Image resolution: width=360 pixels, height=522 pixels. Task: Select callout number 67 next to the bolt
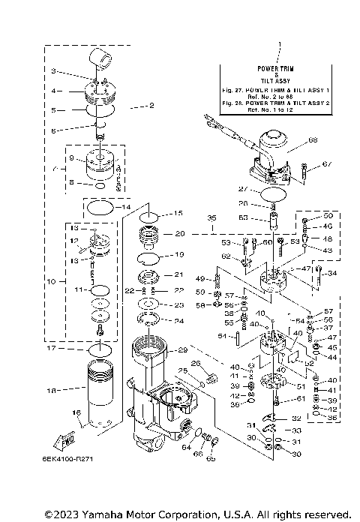pos(326,163)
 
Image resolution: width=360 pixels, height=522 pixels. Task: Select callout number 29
pos(181,350)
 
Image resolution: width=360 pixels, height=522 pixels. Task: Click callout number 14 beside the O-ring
pos(126,206)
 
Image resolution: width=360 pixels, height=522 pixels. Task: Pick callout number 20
pos(179,233)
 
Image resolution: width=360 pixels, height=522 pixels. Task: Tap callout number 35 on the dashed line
pos(211,219)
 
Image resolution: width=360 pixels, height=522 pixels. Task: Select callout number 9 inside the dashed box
pos(72,159)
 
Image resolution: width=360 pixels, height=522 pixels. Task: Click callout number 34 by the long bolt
pos(332,273)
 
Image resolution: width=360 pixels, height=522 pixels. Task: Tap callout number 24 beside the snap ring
pos(178,320)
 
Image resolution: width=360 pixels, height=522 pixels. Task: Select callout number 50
pos(328,216)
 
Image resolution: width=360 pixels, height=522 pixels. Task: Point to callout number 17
pos(52,348)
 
